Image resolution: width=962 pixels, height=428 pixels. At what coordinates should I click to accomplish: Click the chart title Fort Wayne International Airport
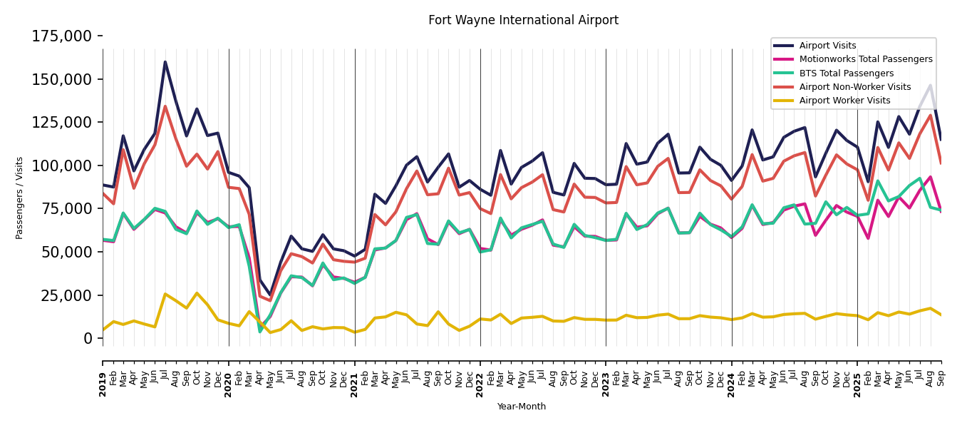[523, 21]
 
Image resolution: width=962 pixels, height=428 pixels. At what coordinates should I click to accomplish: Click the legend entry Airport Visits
[827, 46]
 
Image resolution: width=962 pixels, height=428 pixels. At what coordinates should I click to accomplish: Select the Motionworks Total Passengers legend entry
[865, 59]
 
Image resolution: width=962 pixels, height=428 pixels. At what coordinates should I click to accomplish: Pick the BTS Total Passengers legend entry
[846, 73]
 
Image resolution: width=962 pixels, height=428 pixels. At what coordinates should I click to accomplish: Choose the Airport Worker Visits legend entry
[844, 101]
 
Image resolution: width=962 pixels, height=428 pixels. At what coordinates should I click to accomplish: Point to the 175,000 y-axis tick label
[62, 36]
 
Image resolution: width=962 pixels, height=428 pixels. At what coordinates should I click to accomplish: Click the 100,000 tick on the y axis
[62, 165]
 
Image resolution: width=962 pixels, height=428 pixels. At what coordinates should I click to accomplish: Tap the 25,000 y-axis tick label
[66, 295]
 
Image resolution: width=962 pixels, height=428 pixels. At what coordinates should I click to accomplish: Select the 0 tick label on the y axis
[88, 338]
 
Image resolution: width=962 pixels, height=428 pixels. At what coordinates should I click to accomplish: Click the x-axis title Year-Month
[522, 407]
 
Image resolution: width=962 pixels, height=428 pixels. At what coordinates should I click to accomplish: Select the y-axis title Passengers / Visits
[20, 198]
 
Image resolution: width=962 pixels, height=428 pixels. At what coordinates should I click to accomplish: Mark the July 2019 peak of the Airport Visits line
[165, 62]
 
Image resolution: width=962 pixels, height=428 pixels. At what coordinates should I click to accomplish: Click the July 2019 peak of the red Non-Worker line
[165, 107]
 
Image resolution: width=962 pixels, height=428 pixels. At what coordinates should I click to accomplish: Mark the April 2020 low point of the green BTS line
[260, 331]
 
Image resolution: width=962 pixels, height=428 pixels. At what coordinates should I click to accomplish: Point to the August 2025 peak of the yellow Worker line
[930, 308]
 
